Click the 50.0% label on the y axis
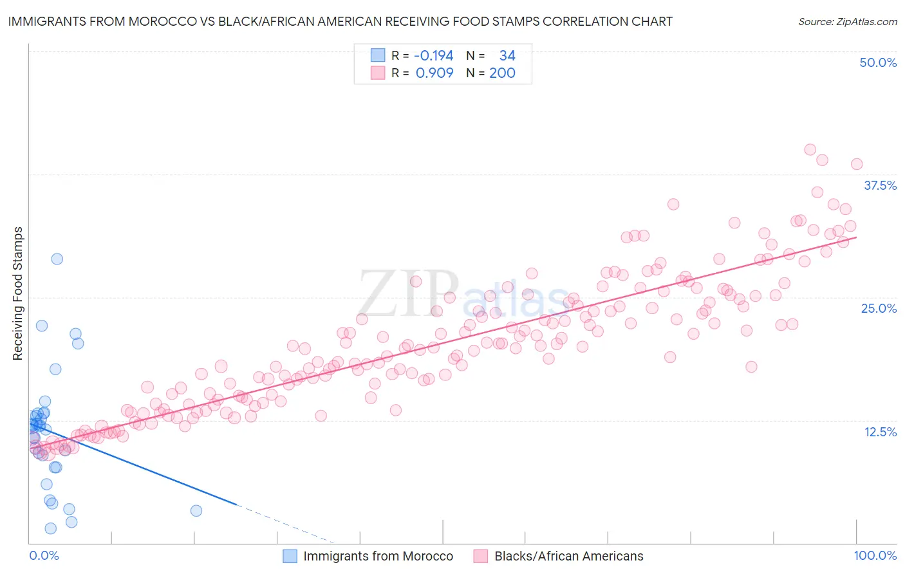point(878,62)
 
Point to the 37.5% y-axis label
point(880,185)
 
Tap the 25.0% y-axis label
point(879,308)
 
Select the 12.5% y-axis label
point(880,432)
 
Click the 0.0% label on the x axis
point(44,555)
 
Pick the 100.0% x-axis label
point(875,555)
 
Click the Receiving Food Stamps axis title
point(17,293)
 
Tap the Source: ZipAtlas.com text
point(847,21)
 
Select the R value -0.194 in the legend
point(434,55)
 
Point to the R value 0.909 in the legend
point(434,73)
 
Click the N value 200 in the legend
point(502,73)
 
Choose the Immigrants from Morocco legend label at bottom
point(378,556)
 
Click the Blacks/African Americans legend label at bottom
point(568,556)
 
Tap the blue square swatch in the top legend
point(377,55)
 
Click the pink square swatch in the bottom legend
point(480,556)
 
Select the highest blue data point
point(57,259)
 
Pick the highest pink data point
point(810,149)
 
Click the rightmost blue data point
point(196,510)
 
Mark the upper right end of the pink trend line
point(857,237)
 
